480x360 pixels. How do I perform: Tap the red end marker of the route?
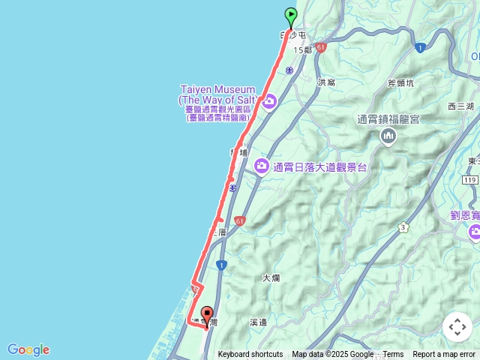(x=207, y=314)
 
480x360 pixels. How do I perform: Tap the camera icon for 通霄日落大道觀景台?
(x=261, y=166)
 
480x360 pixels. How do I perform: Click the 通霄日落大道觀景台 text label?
(x=320, y=167)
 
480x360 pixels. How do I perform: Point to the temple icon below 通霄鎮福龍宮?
(x=388, y=135)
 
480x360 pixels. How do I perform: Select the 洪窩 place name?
(x=326, y=82)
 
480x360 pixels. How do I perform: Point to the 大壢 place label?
(x=271, y=277)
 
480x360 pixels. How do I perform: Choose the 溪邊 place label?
(x=258, y=322)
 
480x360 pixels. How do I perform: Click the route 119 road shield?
(x=470, y=180)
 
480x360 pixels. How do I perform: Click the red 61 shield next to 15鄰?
(x=321, y=46)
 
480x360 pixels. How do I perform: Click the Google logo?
(x=28, y=349)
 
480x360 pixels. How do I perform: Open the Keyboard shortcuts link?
(x=250, y=355)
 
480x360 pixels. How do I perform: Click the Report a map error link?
(x=444, y=355)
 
